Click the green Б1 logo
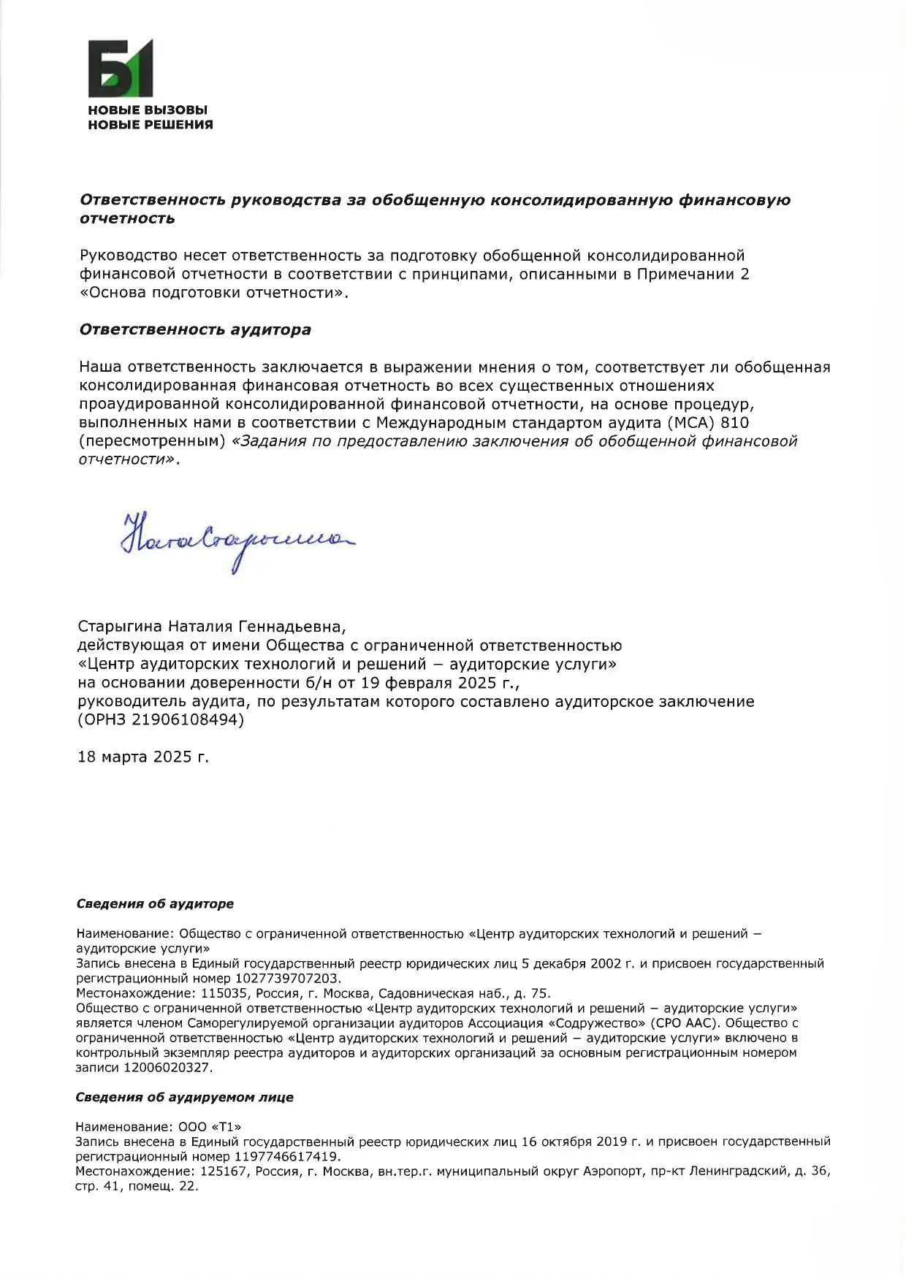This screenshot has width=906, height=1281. [121, 68]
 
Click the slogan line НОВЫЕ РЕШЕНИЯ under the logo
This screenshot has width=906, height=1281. [151, 125]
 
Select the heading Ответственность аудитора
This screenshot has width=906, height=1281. [195, 329]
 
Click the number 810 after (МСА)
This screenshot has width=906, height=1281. [734, 422]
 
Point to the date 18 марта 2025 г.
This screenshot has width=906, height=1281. [143, 757]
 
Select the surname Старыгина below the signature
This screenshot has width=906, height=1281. [121, 627]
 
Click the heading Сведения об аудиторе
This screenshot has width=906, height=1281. [155, 903]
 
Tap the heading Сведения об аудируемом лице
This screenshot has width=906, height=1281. [185, 1097]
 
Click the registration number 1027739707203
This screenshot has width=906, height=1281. [287, 978]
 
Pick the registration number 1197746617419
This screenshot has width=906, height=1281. [286, 1157]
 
